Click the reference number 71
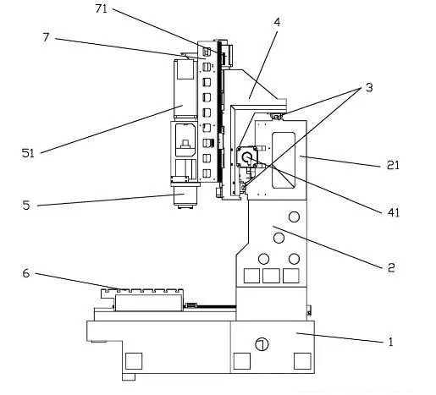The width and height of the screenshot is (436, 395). (102, 8)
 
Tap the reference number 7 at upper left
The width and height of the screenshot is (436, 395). (46, 37)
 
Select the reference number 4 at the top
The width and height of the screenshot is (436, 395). (277, 22)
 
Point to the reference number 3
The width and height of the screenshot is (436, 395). (369, 88)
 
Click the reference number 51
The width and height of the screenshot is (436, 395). (28, 153)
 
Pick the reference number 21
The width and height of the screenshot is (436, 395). (393, 165)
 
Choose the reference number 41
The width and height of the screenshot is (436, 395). (394, 212)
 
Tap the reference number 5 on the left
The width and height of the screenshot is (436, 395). (26, 205)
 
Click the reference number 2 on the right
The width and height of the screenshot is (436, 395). (391, 267)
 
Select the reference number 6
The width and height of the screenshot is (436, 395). (26, 273)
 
